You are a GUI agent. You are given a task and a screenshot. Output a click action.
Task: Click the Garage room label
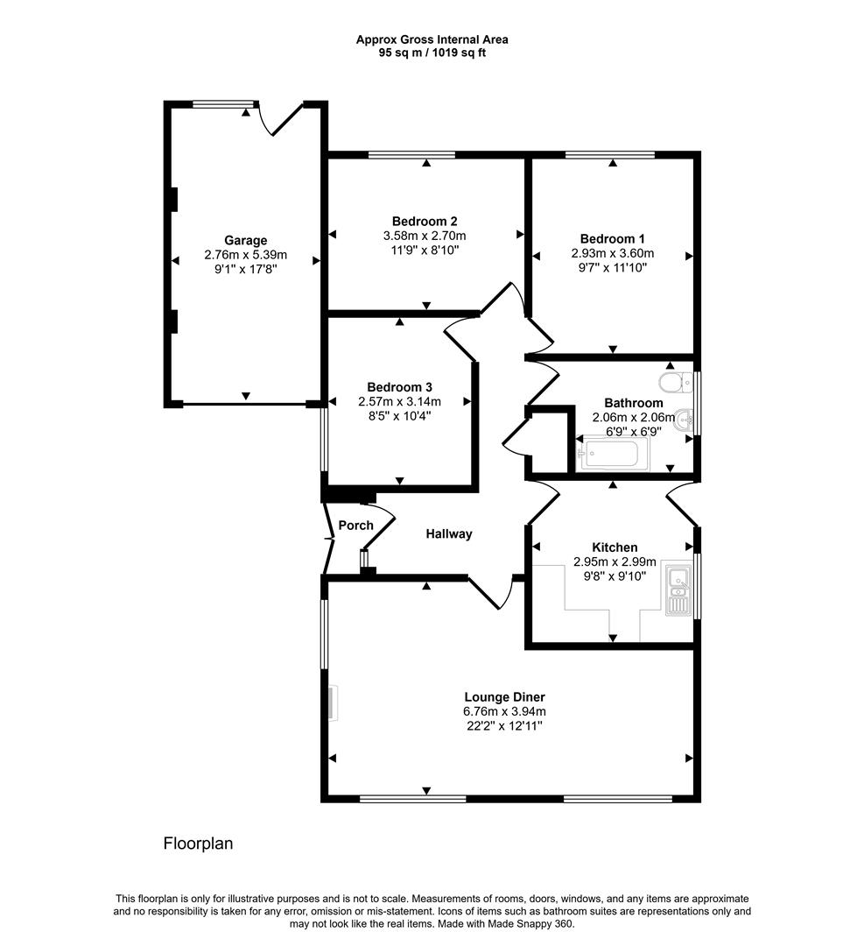coord(245,240)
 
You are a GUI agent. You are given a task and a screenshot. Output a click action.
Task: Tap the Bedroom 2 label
coord(425,222)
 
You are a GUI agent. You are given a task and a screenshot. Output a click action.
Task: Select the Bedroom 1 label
coord(612,238)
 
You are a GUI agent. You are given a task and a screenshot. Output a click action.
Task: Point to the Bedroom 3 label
coord(399,387)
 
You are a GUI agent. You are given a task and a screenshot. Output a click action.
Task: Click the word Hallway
coord(449,533)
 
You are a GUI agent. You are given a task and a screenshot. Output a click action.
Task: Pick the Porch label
coord(355,526)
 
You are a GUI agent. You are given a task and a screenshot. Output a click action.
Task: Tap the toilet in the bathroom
coord(671,384)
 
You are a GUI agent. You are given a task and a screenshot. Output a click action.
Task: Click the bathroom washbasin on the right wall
coord(684,418)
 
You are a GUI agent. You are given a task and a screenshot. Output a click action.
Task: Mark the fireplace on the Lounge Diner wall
coord(332,703)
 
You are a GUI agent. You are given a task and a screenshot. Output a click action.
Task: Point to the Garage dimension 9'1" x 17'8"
coord(245,270)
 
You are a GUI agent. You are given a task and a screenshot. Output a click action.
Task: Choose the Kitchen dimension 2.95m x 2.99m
coord(614,561)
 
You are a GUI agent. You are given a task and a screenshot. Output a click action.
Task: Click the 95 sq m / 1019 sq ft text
coord(432,53)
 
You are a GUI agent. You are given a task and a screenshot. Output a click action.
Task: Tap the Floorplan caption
coord(198,844)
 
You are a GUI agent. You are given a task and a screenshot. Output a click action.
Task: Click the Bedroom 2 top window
coord(411,155)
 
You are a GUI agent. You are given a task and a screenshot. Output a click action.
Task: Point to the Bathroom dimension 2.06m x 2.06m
coord(627,417)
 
